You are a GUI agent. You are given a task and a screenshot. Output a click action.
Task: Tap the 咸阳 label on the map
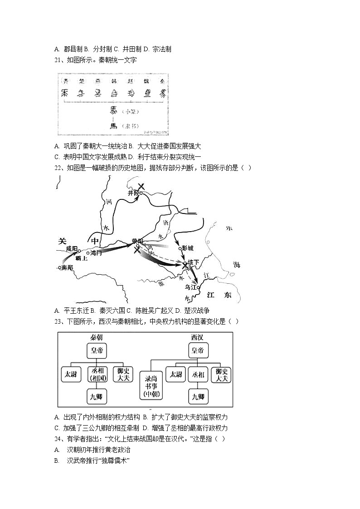point(72,248)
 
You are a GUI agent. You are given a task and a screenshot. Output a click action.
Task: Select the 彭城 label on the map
point(187,248)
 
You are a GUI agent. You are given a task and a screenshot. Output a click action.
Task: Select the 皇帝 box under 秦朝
point(97,350)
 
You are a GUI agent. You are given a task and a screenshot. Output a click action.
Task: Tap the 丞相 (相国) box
point(97,374)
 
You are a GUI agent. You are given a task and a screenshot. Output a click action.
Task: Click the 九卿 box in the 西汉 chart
point(198,397)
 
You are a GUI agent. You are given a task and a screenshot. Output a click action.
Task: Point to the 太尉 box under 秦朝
point(71,374)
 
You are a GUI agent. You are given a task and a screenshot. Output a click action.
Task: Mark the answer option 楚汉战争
point(195,310)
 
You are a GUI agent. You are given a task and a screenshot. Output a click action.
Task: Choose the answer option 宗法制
point(161,49)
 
